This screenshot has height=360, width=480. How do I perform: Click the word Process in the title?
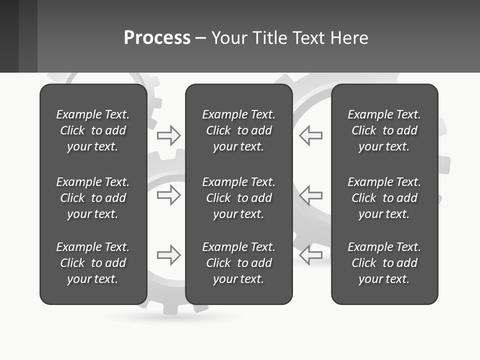pos(157,38)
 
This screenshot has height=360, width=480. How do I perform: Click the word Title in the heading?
pos(270,38)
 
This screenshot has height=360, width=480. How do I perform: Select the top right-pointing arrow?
pos(169,135)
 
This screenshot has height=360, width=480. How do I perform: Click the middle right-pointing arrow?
pos(169,195)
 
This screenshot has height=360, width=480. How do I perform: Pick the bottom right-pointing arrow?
pos(169,255)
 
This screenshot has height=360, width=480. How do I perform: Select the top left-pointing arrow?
pos(310,135)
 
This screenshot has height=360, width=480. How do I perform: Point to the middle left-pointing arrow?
pos(310,195)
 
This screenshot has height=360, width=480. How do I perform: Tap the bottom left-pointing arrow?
pos(310,255)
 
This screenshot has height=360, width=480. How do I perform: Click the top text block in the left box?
pos(93,130)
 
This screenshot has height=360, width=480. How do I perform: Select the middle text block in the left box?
pos(93,198)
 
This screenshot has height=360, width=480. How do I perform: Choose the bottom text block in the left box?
pos(93,263)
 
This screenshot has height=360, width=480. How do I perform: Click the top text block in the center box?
pos(239,130)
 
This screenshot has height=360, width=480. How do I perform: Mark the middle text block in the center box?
pos(239,198)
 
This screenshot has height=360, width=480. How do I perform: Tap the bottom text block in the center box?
pos(239,263)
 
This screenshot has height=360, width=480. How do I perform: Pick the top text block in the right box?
pos(384,130)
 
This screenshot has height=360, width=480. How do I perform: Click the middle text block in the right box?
pos(384,198)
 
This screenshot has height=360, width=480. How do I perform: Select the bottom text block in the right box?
pos(384,263)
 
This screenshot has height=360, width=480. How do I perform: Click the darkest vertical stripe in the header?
pos(9,36)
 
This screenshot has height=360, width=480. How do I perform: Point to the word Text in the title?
pos(308,38)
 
